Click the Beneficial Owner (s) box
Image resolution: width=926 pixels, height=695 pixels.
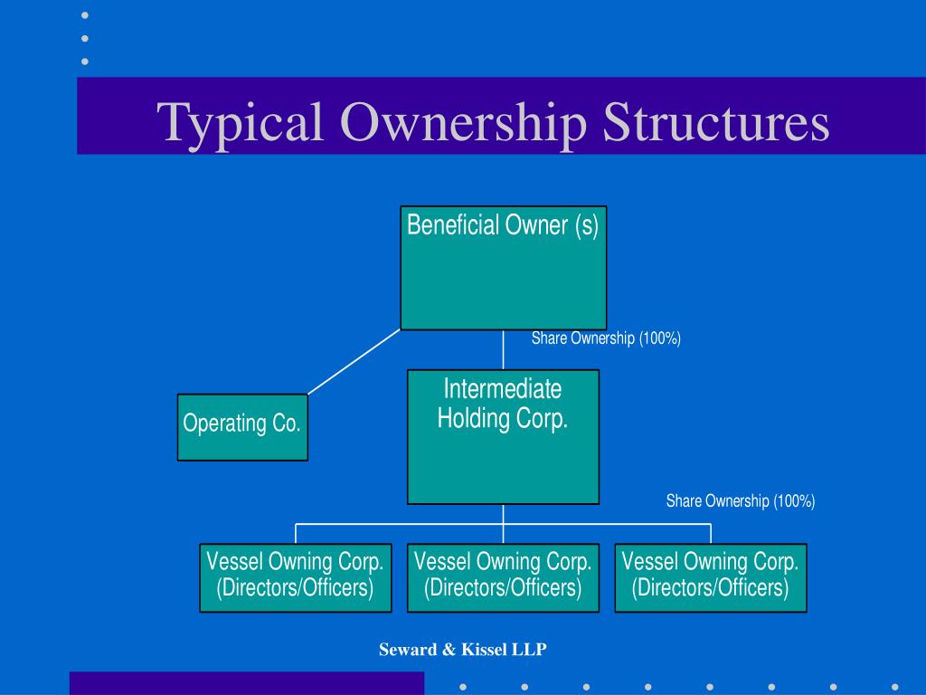[x=503, y=268]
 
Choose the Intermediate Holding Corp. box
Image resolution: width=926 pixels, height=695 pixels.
[x=503, y=436]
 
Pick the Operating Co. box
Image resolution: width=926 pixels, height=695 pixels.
[x=241, y=427]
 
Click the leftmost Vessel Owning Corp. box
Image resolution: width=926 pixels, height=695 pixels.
[x=295, y=577]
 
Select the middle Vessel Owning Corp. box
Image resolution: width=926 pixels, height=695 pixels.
[x=503, y=577]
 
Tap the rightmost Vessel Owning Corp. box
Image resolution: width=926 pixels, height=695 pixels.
[x=710, y=577]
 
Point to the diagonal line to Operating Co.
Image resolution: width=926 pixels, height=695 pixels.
[x=353, y=362]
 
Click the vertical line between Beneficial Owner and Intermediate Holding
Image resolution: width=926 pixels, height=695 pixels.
[x=503, y=349]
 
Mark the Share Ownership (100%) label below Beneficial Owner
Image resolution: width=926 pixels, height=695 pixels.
[x=606, y=338]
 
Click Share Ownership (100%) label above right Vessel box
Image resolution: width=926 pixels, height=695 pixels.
[x=741, y=501]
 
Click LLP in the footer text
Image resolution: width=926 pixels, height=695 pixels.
[x=533, y=649]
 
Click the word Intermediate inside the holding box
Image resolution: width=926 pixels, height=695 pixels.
[x=503, y=389]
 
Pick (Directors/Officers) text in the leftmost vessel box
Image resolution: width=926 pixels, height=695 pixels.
[x=295, y=588]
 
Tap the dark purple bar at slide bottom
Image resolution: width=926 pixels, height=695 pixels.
[x=246, y=683]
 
